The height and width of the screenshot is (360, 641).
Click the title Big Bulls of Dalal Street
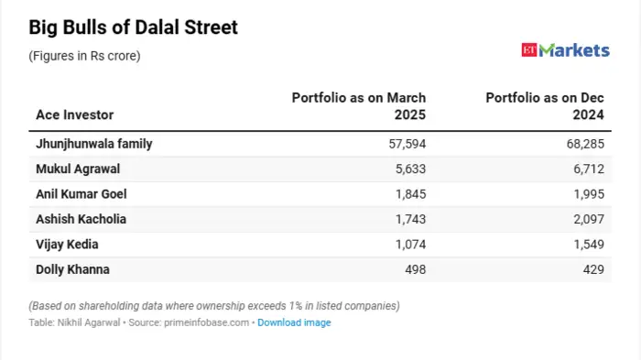pyautogui.click(x=134, y=27)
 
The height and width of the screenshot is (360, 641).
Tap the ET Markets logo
pyautogui.click(x=564, y=50)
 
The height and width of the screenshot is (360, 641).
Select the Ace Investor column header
pyautogui.click(x=75, y=115)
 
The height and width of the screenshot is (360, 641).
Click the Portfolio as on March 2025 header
pyautogui.click(x=359, y=106)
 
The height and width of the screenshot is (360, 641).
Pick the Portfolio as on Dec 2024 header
pyautogui.click(x=548, y=106)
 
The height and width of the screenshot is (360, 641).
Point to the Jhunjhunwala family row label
pyautogui.click(x=93, y=144)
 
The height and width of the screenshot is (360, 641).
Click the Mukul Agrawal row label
pyautogui.click(x=78, y=169)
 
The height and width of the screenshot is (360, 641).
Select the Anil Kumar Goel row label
pyautogui.click(x=81, y=194)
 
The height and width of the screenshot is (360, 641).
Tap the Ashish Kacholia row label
pyautogui.click(x=81, y=219)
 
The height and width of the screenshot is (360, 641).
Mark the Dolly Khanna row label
pyautogui.click(x=73, y=269)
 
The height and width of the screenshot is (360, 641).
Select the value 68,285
pyautogui.click(x=591, y=144)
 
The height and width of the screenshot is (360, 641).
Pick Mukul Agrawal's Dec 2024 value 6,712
pyautogui.click(x=594, y=169)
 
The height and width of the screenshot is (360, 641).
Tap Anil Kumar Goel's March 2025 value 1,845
pyautogui.click(x=410, y=194)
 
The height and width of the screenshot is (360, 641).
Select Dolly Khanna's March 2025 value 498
pyautogui.click(x=416, y=269)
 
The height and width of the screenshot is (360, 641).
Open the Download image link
pyautogui.click(x=294, y=322)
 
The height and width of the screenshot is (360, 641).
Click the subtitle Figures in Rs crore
pyautogui.click(x=84, y=56)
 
